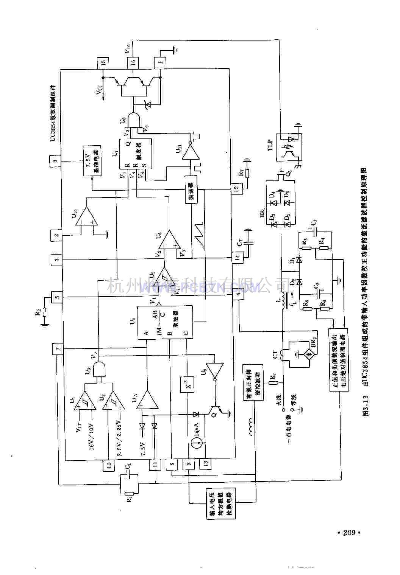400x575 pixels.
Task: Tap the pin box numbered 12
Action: pos(236,188)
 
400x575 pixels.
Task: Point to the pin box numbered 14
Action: pos(237,258)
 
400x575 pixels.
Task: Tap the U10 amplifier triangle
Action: pos(86,216)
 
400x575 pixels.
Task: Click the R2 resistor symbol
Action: pos(45,312)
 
